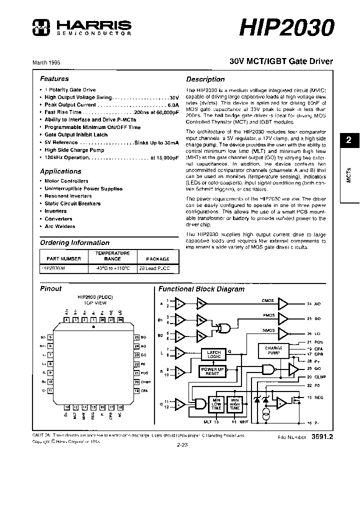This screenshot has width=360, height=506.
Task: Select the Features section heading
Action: [54, 78]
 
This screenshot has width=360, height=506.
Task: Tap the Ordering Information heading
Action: [74, 243]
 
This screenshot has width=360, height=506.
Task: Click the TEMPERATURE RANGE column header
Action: [112, 256]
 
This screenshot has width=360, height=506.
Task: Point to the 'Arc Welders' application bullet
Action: [59, 226]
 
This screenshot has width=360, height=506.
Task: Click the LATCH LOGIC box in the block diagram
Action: [214, 354]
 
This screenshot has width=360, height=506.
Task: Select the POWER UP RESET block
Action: [212, 371]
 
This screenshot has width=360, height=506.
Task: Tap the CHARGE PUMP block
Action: [273, 351]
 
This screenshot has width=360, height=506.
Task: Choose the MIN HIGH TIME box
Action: [233, 404]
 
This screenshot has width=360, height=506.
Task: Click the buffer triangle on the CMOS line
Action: [283, 303]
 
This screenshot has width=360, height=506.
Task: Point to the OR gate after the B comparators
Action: [218, 328]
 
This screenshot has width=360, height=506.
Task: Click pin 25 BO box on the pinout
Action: [136, 337]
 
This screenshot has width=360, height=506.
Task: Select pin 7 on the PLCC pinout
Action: [50, 355]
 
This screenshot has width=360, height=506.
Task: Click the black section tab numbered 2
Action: [349, 140]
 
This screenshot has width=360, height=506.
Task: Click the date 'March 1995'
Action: [46, 62]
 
